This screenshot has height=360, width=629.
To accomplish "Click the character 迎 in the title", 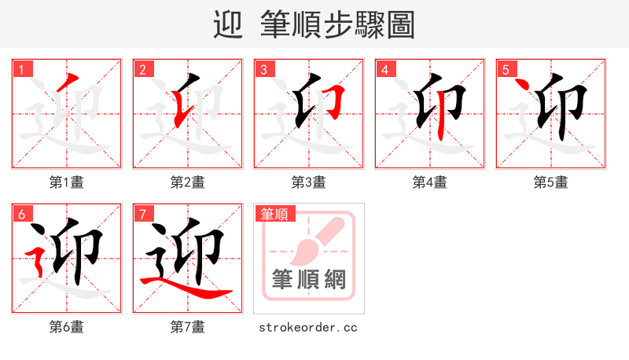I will [228, 24].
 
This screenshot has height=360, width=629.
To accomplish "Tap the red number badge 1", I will [21, 69].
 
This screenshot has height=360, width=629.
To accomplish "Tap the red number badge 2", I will [142, 69].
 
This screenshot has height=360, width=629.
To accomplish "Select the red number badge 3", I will [263, 69].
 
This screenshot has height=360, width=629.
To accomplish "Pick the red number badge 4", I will [384, 69].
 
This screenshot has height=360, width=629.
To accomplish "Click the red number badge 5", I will [506, 69].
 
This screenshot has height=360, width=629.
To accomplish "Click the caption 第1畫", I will [67, 182].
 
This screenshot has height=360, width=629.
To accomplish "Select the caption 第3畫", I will [309, 182].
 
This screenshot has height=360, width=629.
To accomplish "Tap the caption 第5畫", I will [551, 182].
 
